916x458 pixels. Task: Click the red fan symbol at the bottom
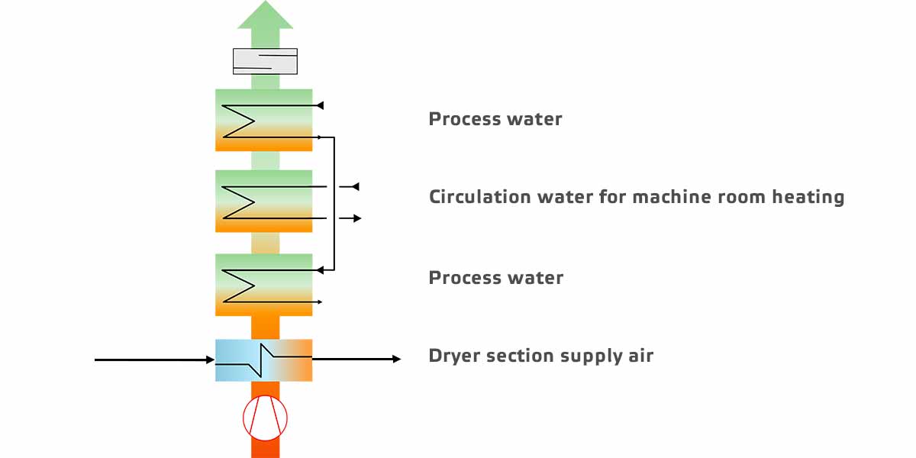click(265, 418)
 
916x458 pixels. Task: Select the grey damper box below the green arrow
click(265, 61)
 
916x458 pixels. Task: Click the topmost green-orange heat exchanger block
click(264, 120)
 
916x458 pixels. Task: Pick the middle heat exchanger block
click(264, 201)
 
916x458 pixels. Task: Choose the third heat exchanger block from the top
click(264, 284)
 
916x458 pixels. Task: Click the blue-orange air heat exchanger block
click(264, 360)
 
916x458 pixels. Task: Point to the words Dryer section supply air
click(540, 356)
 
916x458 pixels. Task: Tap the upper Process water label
click(495, 119)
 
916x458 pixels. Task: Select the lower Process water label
click(495, 278)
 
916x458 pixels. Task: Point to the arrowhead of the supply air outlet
click(396, 359)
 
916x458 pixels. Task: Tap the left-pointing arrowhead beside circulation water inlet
click(355, 186)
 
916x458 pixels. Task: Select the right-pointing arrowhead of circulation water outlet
click(357, 218)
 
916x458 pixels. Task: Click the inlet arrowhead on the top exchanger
click(321, 105)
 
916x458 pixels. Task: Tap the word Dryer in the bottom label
click(452, 356)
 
